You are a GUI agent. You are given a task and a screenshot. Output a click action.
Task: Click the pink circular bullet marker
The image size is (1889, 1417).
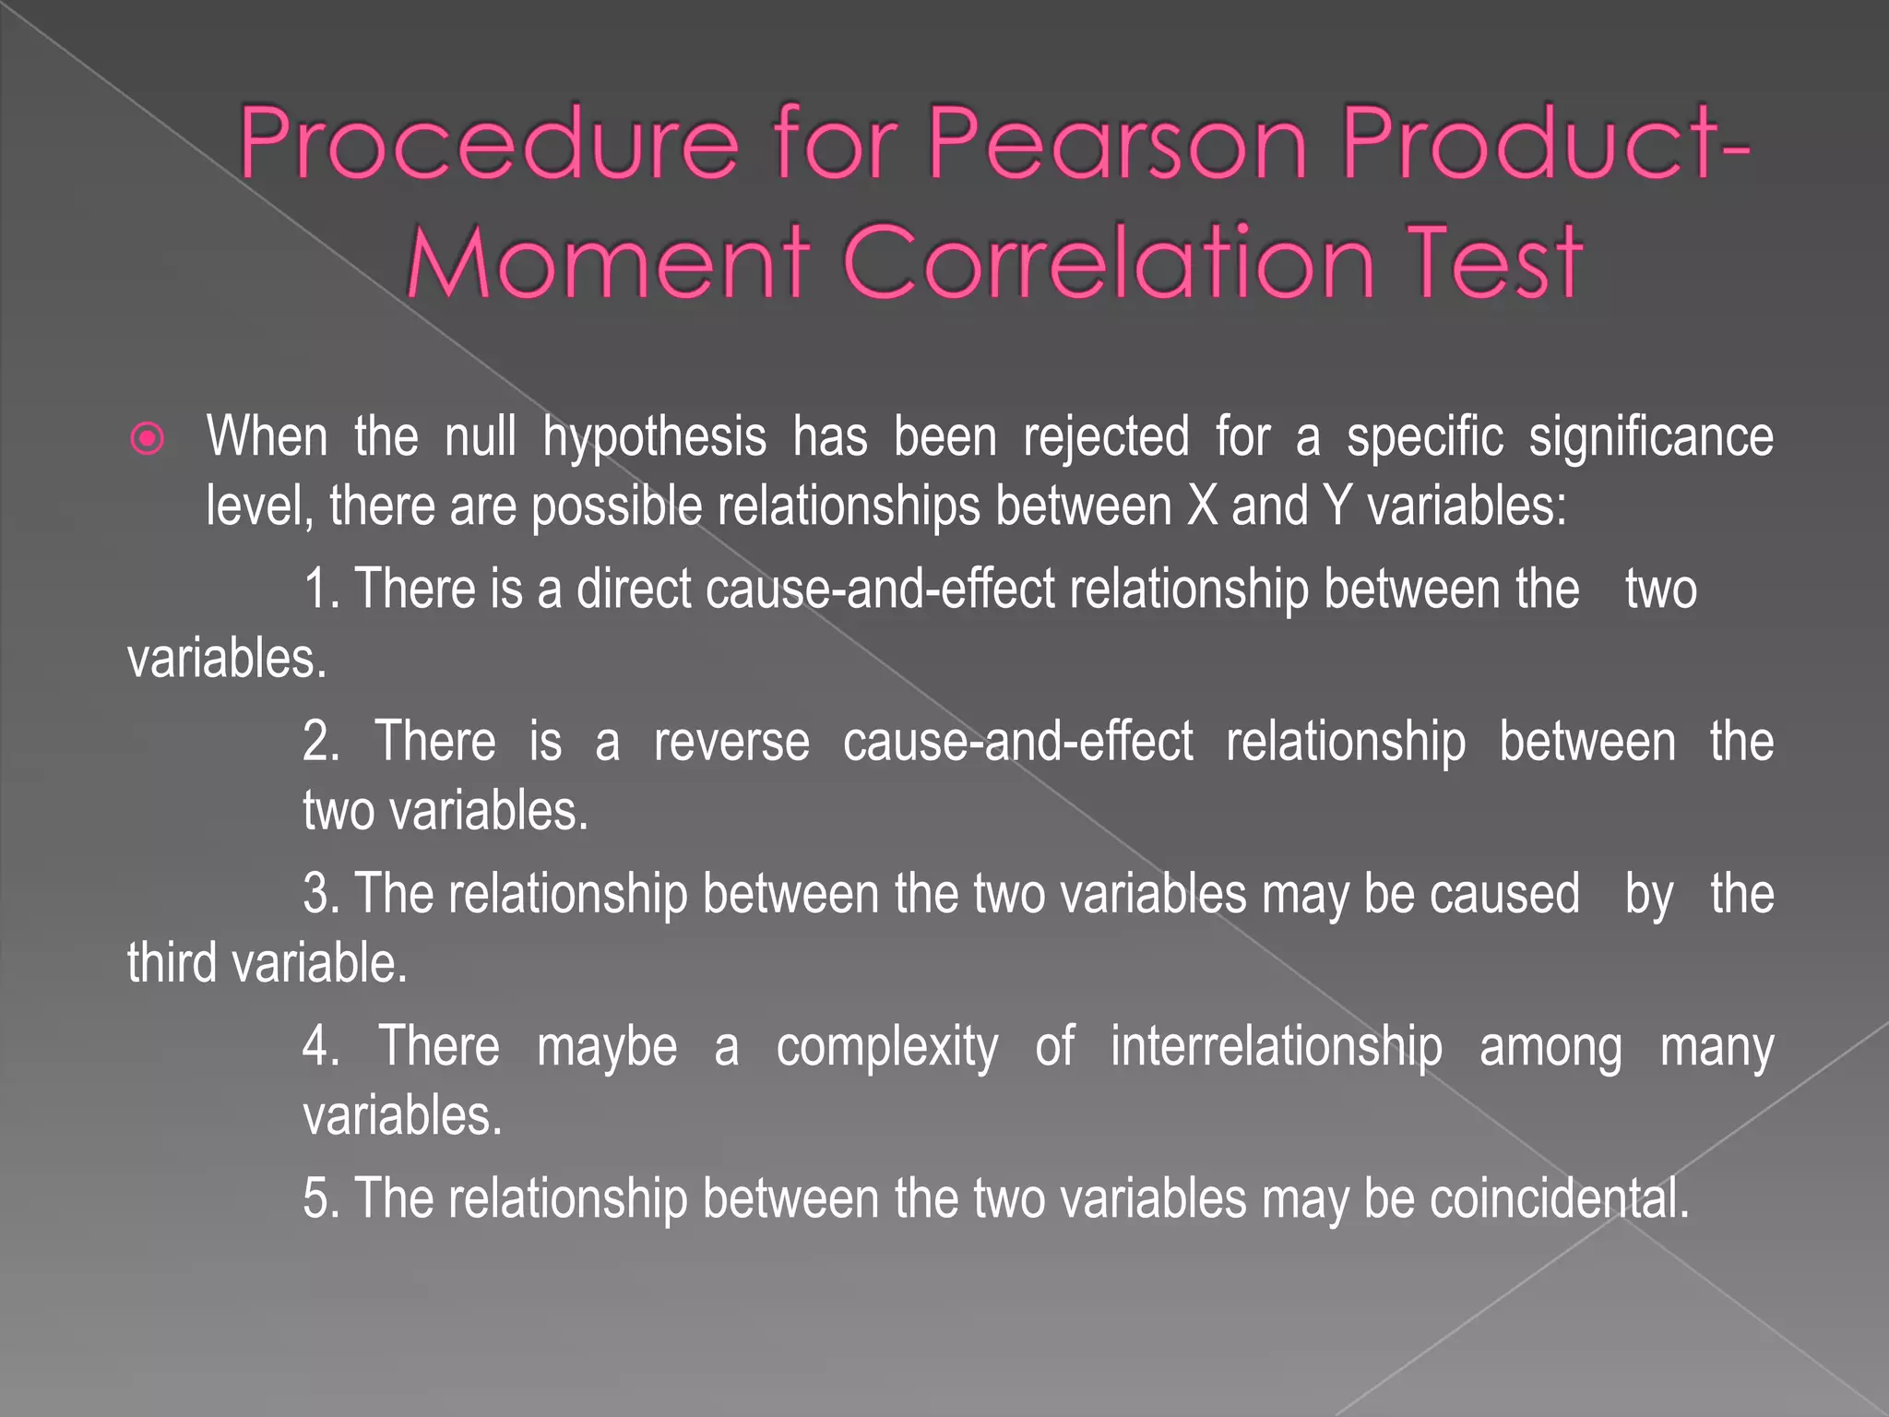(148, 438)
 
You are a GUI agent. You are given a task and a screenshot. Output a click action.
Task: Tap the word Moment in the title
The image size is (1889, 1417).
(608, 263)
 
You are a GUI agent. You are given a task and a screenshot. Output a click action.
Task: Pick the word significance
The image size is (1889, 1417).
(1650, 436)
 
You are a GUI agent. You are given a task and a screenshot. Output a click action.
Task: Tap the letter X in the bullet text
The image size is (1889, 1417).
(1202, 506)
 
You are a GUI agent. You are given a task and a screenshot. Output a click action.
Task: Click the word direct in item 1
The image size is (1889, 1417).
(634, 589)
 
